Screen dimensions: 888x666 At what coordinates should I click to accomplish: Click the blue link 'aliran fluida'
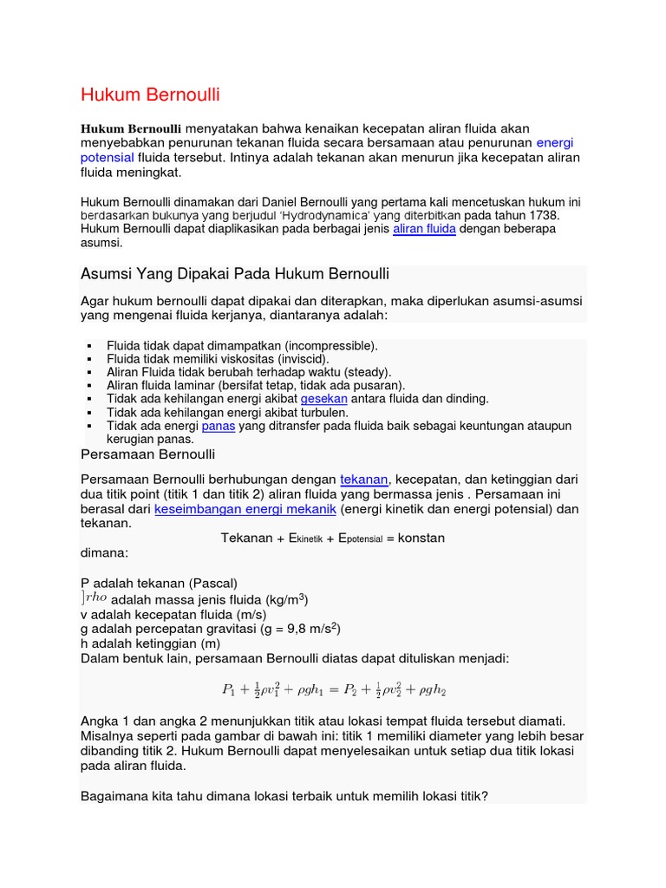(424, 229)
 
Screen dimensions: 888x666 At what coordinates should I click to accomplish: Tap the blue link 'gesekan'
(323, 399)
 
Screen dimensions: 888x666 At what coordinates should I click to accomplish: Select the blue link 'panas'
(218, 427)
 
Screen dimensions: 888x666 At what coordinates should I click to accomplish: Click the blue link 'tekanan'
(365, 480)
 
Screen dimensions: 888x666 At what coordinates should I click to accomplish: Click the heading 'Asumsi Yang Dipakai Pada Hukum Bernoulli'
(234, 274)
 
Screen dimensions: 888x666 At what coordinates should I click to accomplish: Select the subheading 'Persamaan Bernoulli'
(147, 454)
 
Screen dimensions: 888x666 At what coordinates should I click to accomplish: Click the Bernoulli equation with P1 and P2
(334, 690)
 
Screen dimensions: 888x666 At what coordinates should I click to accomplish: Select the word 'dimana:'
(104, 552)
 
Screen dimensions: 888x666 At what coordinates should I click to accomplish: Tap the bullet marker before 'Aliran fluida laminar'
(89, 386)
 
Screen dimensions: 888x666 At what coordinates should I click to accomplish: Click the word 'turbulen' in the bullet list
(323, 413)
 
